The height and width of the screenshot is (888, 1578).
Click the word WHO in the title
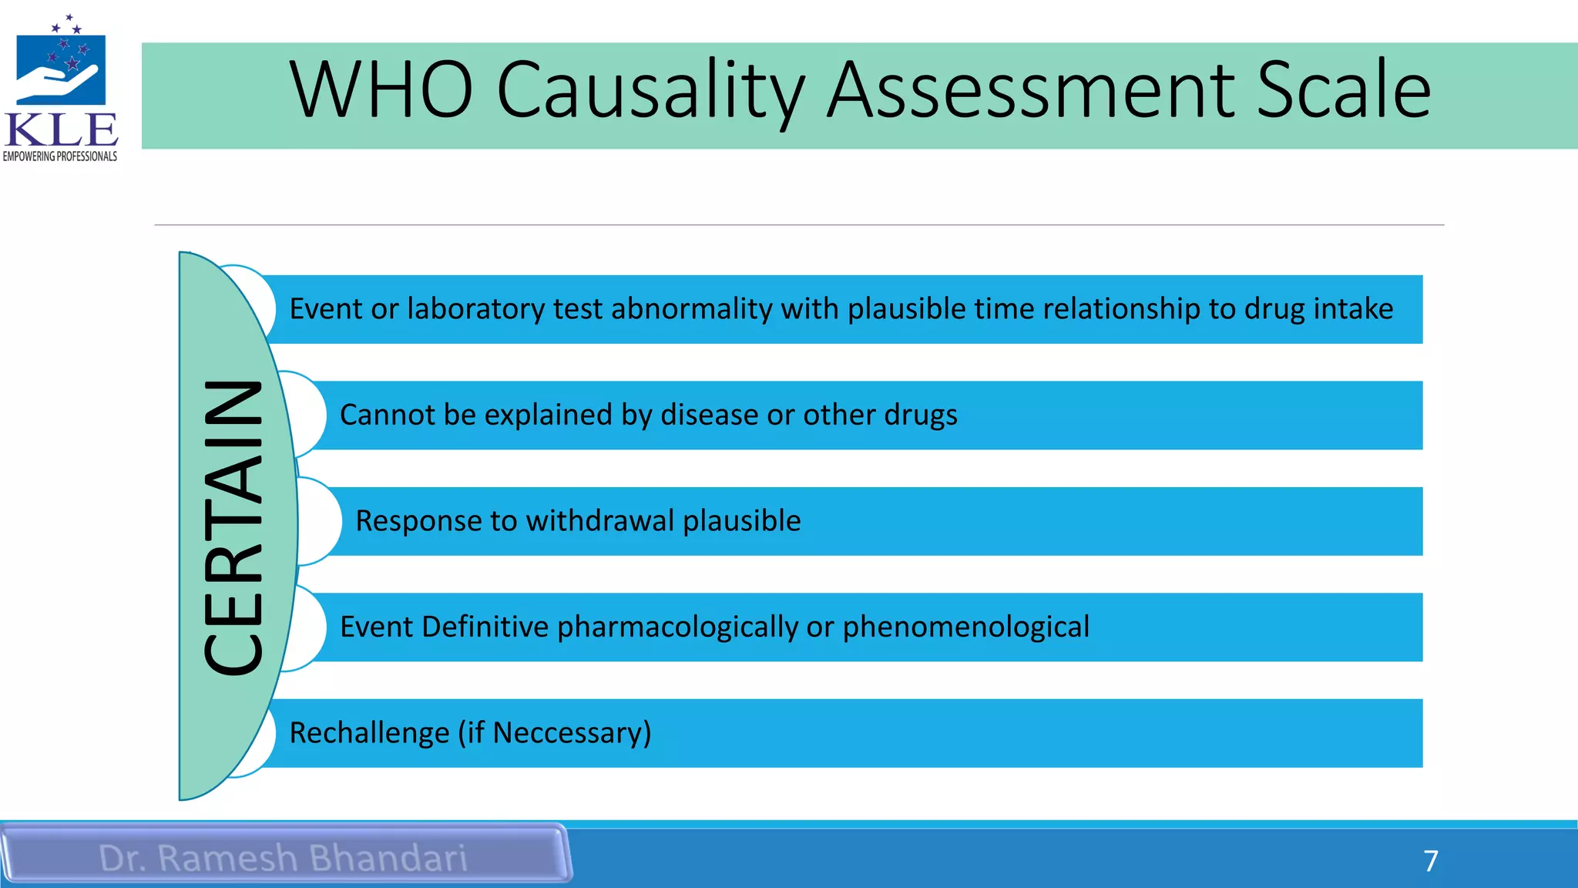point(381,90)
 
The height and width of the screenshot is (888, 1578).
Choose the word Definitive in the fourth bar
point(485,627)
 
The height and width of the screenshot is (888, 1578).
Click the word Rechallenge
point(369,733)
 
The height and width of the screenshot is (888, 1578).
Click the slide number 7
point(1431,860)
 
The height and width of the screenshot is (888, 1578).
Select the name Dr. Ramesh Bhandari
point(283,858)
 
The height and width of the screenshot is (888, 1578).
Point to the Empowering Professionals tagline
point(60,156)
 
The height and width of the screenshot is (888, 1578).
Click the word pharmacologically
point(677,627)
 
